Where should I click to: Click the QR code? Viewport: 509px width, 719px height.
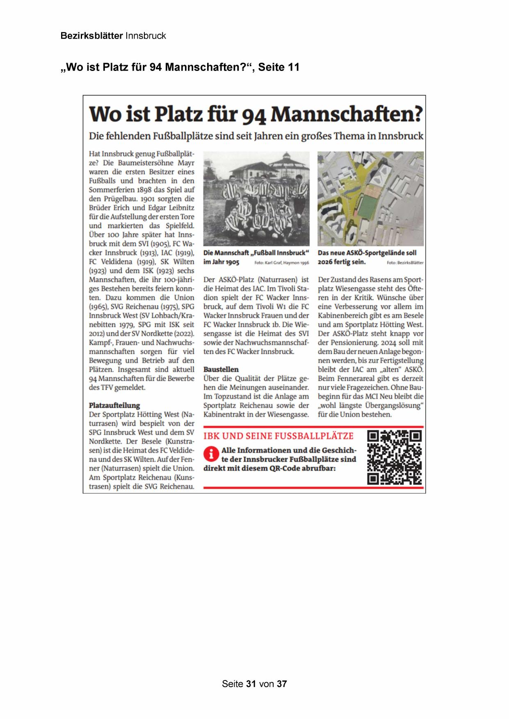click(394, 457)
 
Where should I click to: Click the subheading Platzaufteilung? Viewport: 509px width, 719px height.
click(114, 405)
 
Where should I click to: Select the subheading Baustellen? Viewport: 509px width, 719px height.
click(221, 369)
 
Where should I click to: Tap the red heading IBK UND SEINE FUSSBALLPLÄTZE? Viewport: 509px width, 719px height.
click(278, 436)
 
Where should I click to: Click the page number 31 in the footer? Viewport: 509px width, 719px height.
click(251, 684)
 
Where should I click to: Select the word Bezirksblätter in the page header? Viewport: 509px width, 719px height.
click(91, 36)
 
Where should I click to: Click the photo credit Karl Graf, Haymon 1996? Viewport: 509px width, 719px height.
click(281, 263)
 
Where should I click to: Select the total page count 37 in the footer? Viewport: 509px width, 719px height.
click(282, 684)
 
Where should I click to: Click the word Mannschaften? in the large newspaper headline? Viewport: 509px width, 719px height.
click(347, 114)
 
